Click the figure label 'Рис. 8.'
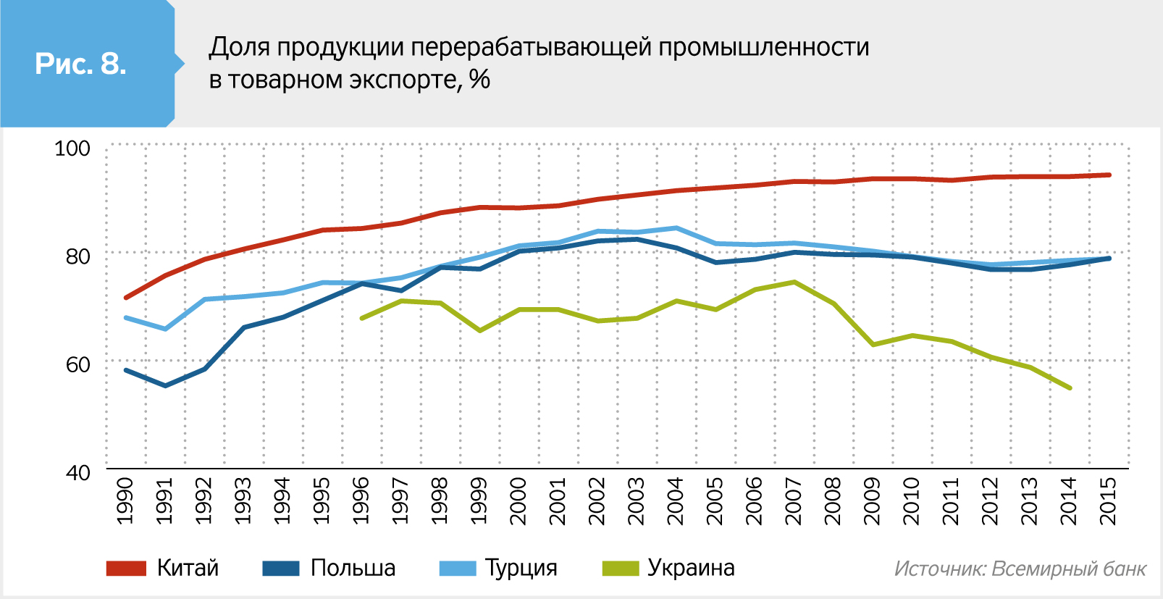[80, 64]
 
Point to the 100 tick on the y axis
[72, 148]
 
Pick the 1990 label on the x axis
[125, 500]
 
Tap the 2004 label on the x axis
[676, 500]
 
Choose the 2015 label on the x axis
[1108, 500]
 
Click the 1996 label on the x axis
[361, 500]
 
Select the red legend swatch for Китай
[126, 569]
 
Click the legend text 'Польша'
[353, 568]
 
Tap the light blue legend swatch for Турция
[458, 569]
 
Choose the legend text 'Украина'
[691, 568]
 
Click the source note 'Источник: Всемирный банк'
[1020, 569]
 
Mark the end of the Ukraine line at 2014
[1070, 388]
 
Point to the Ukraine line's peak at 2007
[794, 282]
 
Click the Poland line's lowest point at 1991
[165, 385]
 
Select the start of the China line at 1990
[126, 298]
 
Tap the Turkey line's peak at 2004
[676, 228]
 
